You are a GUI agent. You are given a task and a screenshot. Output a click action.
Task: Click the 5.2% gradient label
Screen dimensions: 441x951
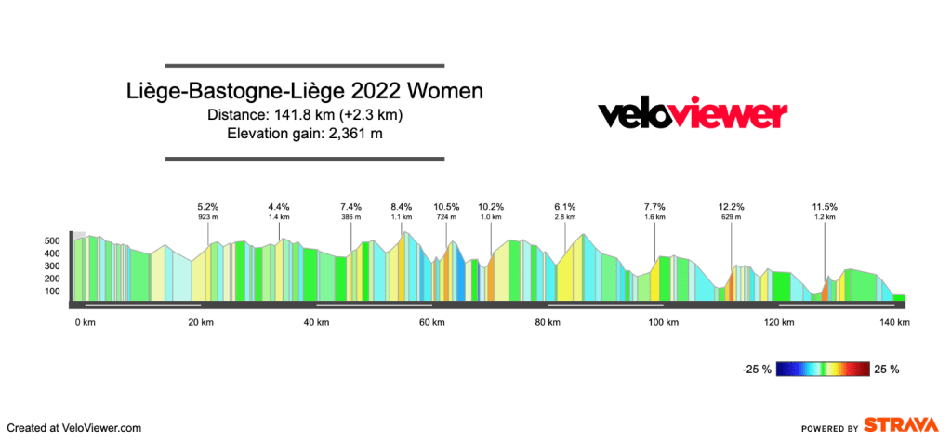(207, 206)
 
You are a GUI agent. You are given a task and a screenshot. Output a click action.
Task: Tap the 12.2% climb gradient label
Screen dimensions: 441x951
(731, 206)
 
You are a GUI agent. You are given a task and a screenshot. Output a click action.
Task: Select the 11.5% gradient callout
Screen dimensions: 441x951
(825, 206)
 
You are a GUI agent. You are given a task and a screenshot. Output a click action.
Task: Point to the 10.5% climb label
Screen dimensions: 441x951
(447, 206)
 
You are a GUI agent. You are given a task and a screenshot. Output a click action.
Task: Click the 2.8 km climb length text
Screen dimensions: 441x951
(565, 216)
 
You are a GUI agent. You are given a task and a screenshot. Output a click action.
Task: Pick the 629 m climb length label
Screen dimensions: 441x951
(731, 216)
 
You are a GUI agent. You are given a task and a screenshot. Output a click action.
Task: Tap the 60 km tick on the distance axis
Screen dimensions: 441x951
(431, 322)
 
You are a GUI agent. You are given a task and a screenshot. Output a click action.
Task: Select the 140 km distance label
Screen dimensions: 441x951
(894, 322)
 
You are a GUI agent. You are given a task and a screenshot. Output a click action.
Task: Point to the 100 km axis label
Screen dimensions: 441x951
(663, 322)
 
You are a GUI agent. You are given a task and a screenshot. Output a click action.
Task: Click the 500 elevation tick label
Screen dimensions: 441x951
(52, 240)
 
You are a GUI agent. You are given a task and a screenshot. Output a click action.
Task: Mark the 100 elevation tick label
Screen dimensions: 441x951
(52, 292)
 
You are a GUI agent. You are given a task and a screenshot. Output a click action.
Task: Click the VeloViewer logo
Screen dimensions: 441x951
(692, 115)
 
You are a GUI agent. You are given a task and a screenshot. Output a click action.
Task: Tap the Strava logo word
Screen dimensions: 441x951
(900, 425)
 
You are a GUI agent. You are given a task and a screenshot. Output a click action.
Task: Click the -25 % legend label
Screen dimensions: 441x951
(756, 369)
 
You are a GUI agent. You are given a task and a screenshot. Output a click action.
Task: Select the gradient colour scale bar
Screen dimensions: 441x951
(824, 369)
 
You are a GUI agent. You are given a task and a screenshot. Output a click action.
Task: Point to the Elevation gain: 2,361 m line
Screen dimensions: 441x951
(305, 134)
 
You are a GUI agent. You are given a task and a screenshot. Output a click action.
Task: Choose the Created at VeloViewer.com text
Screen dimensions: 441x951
(74, 428)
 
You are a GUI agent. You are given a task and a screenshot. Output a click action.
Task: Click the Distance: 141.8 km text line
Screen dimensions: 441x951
(305, 115)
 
